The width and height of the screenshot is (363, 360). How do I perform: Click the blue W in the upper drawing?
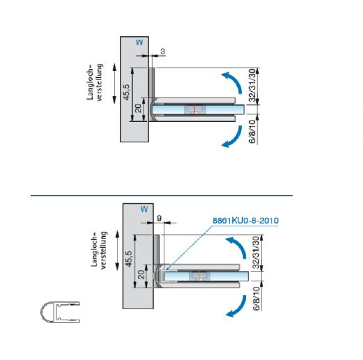(139, 42)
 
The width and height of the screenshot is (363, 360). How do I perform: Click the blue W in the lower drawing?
(144, 210)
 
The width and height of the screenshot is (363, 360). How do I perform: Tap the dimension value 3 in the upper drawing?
(162, 52)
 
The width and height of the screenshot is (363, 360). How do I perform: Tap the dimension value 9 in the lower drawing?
(159, 218)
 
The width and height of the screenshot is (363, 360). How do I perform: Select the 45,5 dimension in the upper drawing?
(127, 92)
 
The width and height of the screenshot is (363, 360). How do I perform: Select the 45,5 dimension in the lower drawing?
(129, 259)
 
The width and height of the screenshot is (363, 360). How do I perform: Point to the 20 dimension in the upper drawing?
(138, 108)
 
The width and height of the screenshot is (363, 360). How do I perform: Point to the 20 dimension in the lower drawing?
(141, 274)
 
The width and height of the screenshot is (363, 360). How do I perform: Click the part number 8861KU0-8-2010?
(246, 220)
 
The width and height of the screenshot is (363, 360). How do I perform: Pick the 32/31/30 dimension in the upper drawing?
(252, 85)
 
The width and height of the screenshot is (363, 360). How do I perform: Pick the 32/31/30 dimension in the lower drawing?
(256, 252)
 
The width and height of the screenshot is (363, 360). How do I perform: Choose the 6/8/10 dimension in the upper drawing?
(252, 132)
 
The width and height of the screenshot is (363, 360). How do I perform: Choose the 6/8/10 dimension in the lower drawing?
(256, 299)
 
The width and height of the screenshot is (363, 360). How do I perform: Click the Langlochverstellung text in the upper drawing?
(95, 82)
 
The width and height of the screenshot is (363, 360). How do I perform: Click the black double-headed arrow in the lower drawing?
(117, 251)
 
